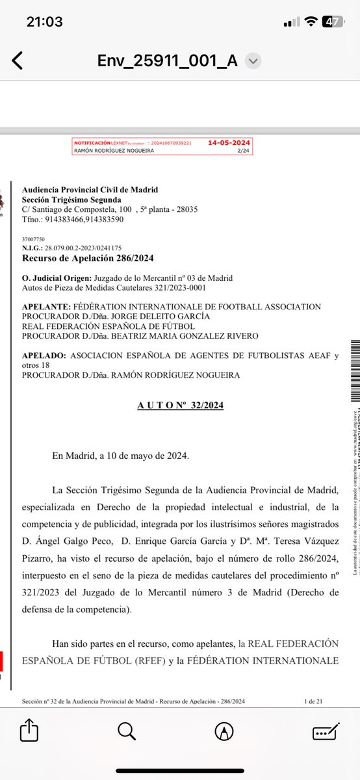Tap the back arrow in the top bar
click(x=18, y=61)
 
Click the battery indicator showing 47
click(x=334, y=21)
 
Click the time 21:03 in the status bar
click(x=45, y=21)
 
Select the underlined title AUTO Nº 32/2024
click(x=180, y=405)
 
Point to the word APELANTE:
click(x=45, y=307)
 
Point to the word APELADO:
click(x=44, y=356)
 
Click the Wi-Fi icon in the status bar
click(x=313, y=21)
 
